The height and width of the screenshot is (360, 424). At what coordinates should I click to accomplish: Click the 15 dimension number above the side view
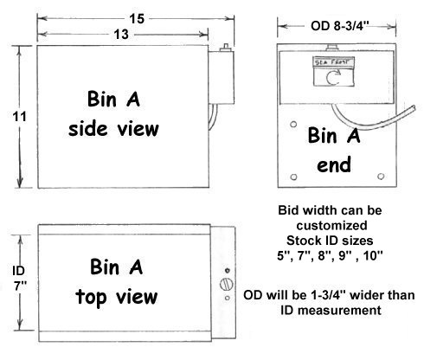[137, 19]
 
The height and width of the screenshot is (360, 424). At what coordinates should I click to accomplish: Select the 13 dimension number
[121, 35]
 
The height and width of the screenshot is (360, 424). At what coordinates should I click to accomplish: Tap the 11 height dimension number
[19, 117]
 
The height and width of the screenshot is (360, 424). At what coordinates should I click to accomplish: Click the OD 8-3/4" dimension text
[340, 26]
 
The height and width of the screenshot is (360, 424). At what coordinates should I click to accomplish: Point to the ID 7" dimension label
[19, 279]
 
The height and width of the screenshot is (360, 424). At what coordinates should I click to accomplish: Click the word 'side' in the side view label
[88, 129]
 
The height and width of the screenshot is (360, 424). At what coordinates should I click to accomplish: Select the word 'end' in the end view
[334, 164]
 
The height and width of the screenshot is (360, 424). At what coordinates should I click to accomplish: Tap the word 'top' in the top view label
[91, 296]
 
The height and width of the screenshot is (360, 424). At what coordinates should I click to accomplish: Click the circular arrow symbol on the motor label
[333, 77]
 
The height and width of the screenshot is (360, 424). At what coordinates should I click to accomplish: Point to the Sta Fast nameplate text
[334, 62]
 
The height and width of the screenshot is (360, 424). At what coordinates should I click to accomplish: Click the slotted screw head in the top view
[227, 284]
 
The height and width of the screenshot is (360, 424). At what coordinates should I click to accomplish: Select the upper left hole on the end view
[293, 125]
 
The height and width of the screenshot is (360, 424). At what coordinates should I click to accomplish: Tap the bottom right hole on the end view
[381, 176]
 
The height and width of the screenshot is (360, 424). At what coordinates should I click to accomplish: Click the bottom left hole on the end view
[293, 177]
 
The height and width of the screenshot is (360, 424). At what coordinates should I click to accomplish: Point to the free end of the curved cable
[414, 108]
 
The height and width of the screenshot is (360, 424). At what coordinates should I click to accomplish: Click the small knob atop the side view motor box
[226, 48]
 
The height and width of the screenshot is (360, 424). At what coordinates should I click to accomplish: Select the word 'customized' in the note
[331, 225]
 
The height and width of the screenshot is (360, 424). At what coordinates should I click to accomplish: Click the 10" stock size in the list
[373, 255]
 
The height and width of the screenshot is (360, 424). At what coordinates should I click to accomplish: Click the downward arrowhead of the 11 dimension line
[20, 181]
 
